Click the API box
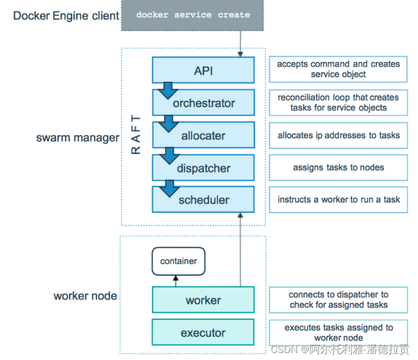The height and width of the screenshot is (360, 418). (x=203, y=70)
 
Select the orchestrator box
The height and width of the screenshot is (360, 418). (x=204, y=102)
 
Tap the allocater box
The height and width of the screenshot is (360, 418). (x=204, y=135)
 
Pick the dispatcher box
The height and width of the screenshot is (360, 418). (x=203, y=168)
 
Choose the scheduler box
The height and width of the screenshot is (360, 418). (x=203, y=199)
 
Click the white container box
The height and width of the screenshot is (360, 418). (x=179, y=261)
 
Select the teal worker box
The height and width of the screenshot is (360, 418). (x=203, y=300)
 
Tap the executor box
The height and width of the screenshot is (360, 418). (x=203, y=333)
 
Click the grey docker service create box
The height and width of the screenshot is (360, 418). (x=193, y=15)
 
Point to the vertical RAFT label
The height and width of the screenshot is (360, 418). (x=135, y=135)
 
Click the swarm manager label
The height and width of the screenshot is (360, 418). (x=78, y=138)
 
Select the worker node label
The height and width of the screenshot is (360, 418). (x=85, y=296)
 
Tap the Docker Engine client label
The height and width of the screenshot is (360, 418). (x=66, y=16)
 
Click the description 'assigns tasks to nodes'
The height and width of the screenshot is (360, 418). (x=338, y=168)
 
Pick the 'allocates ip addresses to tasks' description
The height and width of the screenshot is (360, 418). (x=338, y=135)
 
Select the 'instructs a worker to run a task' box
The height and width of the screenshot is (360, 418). (x=338, y=199)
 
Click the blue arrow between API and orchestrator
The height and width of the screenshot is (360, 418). (x=168, y=91)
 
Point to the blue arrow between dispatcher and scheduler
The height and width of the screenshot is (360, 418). (x=169, y=189)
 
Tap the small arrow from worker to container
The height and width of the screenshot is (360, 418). (x=176, y=281)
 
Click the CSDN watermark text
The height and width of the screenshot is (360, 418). (x=340, y=349)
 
